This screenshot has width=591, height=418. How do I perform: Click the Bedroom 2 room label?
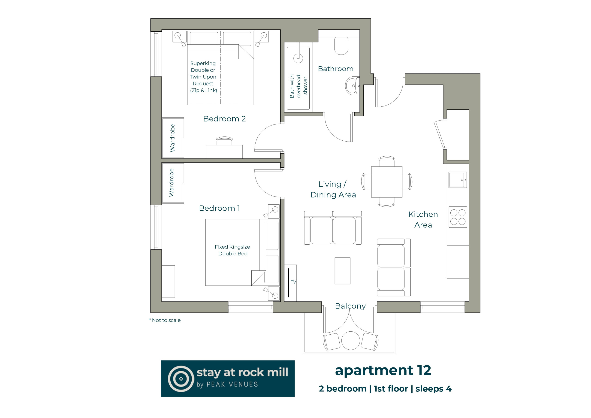tap(224, 119)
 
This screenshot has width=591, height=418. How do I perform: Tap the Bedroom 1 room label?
tap(219, 208)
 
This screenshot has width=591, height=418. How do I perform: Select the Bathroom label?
tap(335, 69)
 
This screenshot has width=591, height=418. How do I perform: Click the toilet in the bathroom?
tap(341, 45)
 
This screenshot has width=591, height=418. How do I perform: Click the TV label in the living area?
tap(293, 282)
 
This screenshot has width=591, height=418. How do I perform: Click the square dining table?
tap(387, 182)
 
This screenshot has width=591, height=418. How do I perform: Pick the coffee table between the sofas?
tap(342, 271)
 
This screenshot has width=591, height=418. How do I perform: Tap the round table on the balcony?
tap(351, 340)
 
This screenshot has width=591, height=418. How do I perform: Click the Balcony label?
tap(350, 306)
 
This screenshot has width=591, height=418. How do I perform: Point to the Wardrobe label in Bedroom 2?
tap(172, 138)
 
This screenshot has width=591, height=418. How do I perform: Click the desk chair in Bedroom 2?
tap(224, 141)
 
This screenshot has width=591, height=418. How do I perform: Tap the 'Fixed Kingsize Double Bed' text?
tap(232, 250)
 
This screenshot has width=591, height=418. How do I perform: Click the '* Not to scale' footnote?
tap(165, 320)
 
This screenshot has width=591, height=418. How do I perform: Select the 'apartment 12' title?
tap(383, 371)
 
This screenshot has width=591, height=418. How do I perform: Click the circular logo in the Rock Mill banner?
tap(181, 379)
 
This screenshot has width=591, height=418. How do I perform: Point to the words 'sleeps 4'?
tap(434, 389)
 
